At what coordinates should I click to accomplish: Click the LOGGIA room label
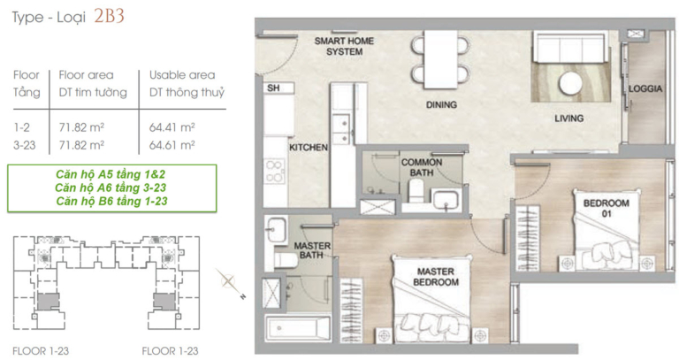pyautogui.click(x=645, y=88)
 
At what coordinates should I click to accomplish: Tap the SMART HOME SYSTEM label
pyautogui.click(x=344, y=46)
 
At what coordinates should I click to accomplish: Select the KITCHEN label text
pyautogui.click(x=309, y=148)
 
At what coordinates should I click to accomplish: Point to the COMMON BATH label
pyautogui.click(x=422, y=167)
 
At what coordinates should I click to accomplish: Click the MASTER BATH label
pyautogui.click(x=312, y=250)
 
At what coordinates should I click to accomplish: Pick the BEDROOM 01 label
pyautogui.click(x=607, y=208)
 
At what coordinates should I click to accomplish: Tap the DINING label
pyautogui.click(x=441, y=105)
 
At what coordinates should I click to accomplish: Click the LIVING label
pyautogui.click(x=569, y=119)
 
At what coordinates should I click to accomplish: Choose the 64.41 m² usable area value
pyautogui.click(x=172, y=127)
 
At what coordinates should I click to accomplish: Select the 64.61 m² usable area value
pyautogui.click(x=172, y=145)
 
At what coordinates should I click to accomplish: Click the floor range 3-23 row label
pyautogui.click(x=24, y=145)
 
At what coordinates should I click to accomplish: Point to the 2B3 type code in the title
pyautogui.click(x=109, y=16)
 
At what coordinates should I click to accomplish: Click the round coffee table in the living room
pyautogui.click(x=571, y=83)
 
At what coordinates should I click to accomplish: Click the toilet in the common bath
pyautogui.click(x=416, y=190)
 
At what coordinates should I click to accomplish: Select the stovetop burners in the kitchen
pyautogui.click(x=275, y=171)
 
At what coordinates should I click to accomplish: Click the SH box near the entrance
pyautogui.click(x=278, y=88)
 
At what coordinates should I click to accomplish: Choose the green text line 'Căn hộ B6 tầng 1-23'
pyautogui.click(x=111, y=201)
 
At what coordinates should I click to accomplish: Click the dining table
pyautogui.click(x=441, y=59)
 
